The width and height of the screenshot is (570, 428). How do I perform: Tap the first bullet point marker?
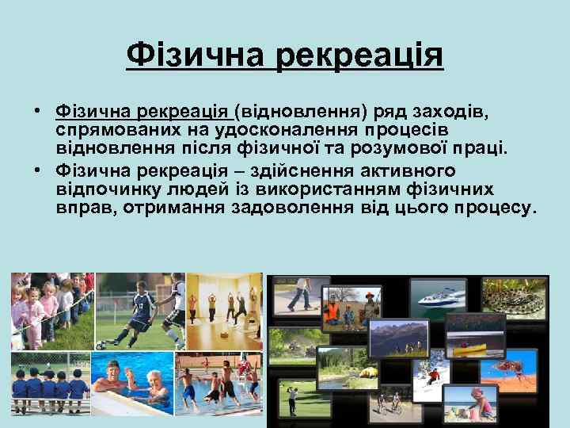pos(37,110)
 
